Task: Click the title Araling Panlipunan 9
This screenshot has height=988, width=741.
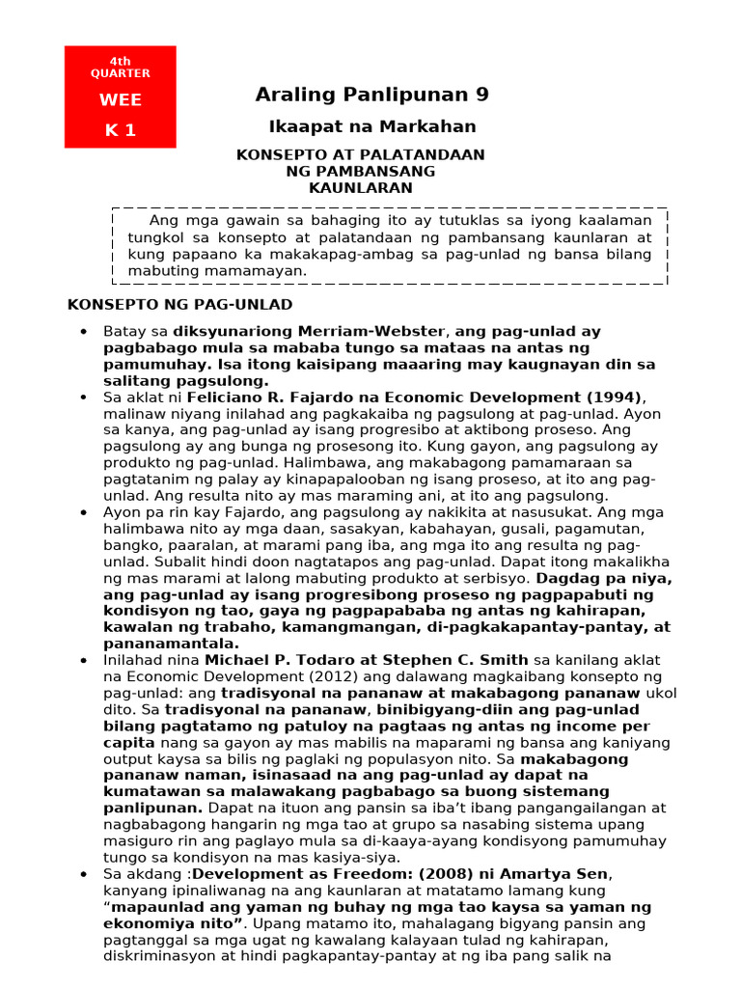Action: [x=371, y=95]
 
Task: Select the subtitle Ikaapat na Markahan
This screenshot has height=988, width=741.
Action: [x=371, y=127]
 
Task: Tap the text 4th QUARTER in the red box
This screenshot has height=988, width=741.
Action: [x=120, y=68]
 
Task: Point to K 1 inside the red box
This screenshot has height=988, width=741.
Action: [x=120, y=131]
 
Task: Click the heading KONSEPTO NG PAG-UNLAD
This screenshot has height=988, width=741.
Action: [x=179, y=305]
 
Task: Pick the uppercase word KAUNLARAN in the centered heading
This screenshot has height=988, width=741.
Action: [x=360, y=188]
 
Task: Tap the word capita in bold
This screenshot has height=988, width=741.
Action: [x=128, y=743]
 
